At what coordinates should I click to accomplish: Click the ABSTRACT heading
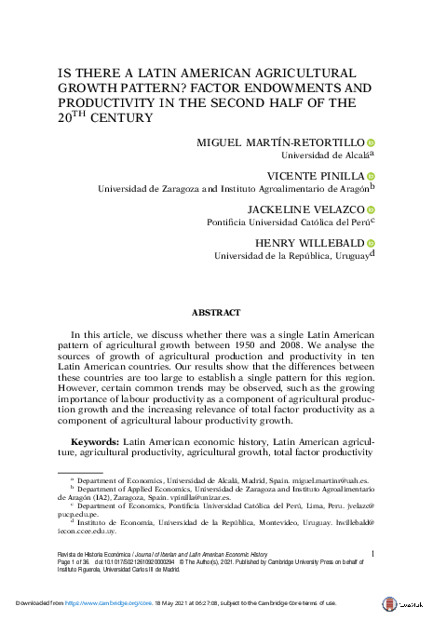[215, 313]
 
